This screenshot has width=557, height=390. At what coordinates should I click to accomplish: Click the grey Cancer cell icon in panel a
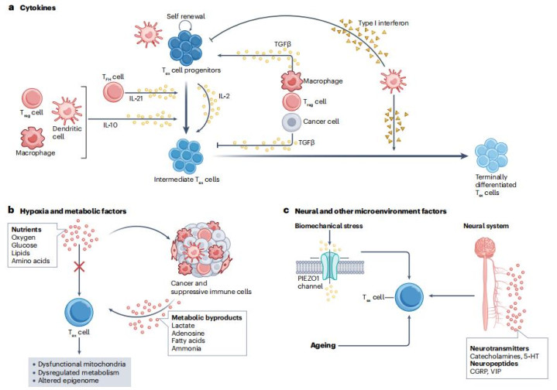pos(291,122)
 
